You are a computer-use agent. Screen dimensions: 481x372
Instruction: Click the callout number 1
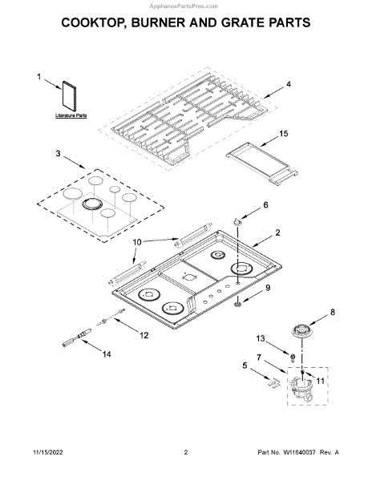38,77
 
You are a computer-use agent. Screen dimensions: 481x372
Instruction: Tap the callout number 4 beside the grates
289,84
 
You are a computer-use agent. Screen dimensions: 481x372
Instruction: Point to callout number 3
59,153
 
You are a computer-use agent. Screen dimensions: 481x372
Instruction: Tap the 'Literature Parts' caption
71,116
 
